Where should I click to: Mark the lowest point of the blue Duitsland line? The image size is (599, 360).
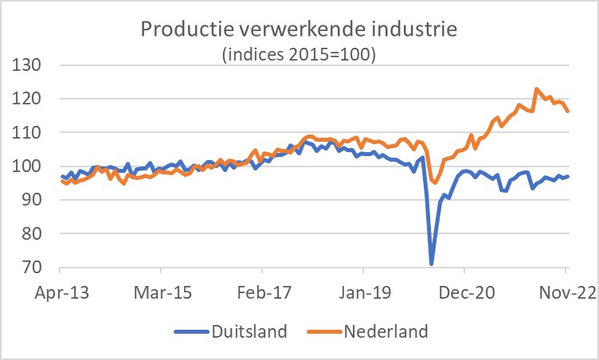click(x=431, y=264)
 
